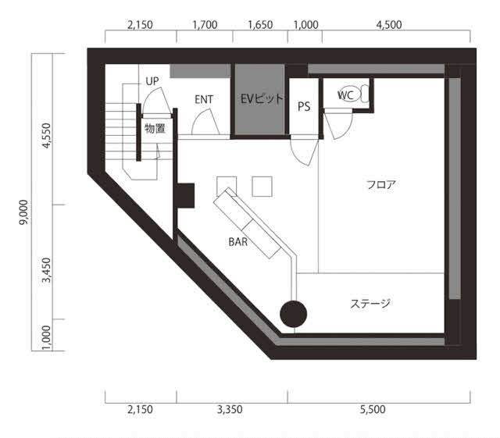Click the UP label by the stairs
[152, 81]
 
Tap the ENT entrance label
[204, 99]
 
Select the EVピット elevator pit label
[262, 99]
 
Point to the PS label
[304, 106]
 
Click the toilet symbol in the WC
[353, 94]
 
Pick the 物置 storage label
[155, 129]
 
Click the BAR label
[237, 242]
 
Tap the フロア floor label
[381, 184]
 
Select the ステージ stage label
[370, 304]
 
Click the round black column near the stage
[294, 314]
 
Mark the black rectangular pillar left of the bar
[186, 196]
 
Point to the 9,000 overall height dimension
[23, 212]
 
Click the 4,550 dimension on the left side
[47, 136]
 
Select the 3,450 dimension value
[47, 270]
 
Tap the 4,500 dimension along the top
[389, 25]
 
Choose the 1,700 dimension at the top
[205, 25]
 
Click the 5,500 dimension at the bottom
[373, 409]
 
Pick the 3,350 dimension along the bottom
[230, 409]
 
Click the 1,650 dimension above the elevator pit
[260, 25]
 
